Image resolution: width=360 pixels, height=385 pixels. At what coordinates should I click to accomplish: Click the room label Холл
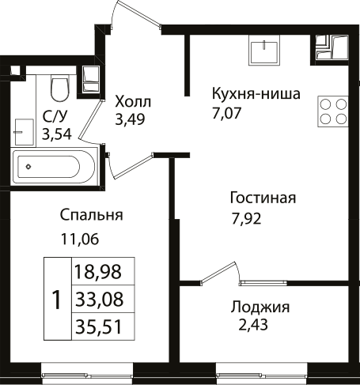[x=132, y=103]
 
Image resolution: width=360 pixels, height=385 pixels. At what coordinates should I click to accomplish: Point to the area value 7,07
[x=227, y=113]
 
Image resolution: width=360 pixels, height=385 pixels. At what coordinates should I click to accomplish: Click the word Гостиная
[x=263, y=198]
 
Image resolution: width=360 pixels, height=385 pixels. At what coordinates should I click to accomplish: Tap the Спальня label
[x=91, y=215]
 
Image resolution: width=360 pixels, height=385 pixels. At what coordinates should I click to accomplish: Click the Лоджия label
[x=260, y=308]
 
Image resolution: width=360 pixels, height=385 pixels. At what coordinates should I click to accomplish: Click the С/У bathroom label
[x=55, y=117]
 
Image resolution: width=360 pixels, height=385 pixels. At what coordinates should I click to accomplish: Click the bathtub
[x=53, y=167]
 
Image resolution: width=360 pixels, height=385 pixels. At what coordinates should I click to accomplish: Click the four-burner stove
[x=333, y=111]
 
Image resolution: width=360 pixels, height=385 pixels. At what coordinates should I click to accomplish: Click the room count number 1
[x=56, y=300]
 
